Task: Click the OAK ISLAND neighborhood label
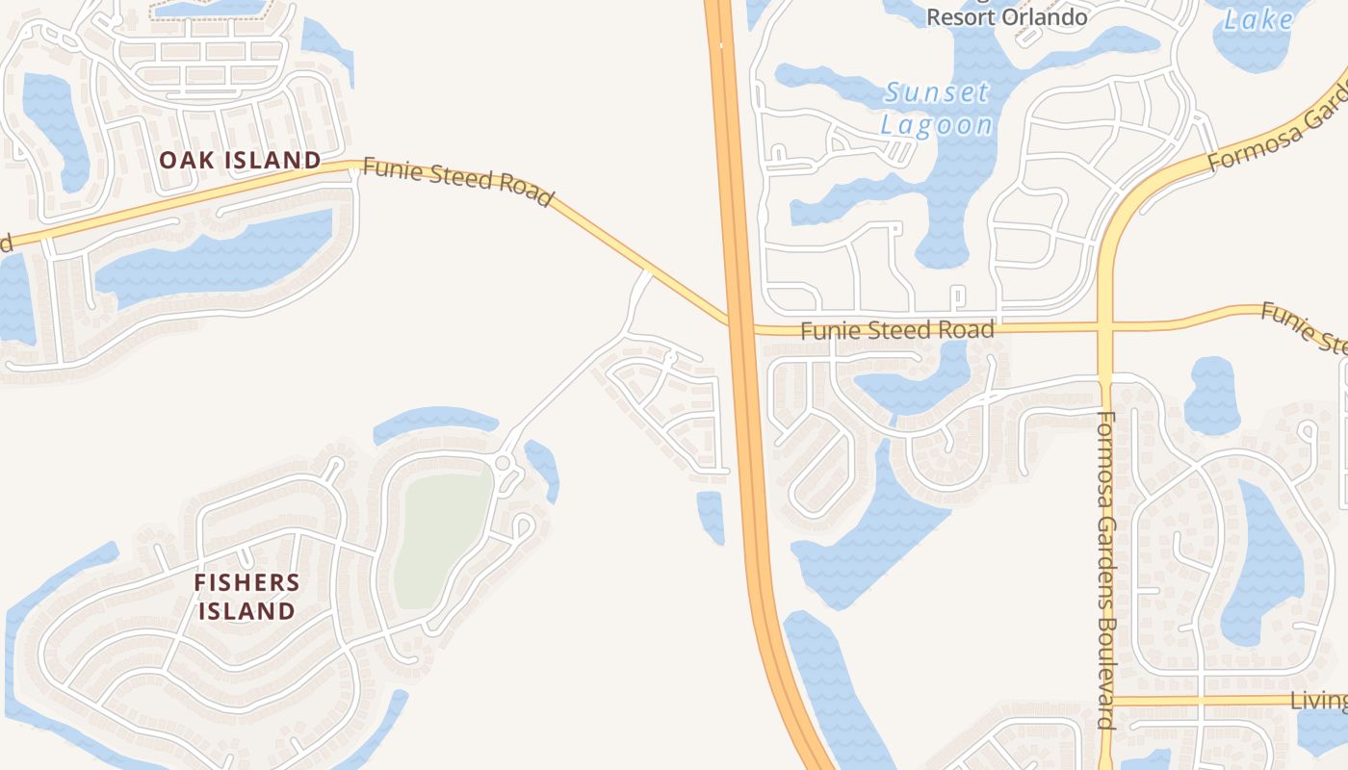pos(240,160)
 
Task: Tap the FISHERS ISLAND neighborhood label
pos(246,597)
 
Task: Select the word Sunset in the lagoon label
pos(936,93)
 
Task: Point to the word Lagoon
pos(936,125)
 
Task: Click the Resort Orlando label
pos(1007,17)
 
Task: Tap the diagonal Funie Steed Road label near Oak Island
pos(458,184)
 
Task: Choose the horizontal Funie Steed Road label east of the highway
pos(896,331)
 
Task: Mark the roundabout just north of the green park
pos(503,464)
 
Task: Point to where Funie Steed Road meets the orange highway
pos(739,325)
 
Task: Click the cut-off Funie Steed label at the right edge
pos(1306,327)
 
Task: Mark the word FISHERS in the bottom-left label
pos(246,582)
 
